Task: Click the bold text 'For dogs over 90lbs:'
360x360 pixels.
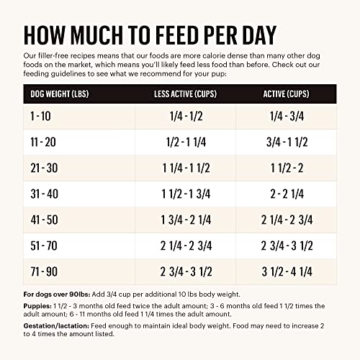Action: (x=54, y=295)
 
